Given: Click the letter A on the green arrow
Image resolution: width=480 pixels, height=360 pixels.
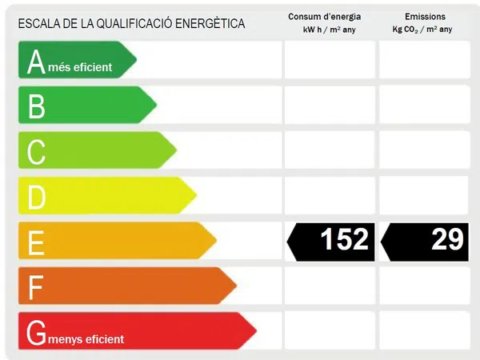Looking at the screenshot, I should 36,62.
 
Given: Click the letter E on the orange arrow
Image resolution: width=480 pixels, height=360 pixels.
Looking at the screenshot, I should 36,242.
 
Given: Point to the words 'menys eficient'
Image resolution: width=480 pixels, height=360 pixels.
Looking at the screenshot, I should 86,339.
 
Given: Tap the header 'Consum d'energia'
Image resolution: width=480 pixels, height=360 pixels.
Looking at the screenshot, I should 331,17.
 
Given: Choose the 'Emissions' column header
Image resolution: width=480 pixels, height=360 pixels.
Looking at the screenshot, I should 425,17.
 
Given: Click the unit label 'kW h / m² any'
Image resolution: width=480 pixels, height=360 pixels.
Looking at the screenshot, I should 331,30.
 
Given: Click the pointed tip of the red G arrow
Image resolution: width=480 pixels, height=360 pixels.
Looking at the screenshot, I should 255,330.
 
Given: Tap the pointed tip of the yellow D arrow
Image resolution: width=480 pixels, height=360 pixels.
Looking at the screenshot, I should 196,195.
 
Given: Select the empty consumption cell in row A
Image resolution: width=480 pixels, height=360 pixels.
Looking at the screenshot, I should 330,60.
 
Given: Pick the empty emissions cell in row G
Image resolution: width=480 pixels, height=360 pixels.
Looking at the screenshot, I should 424,330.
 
